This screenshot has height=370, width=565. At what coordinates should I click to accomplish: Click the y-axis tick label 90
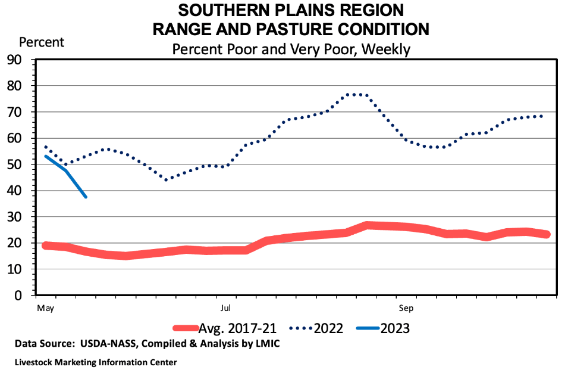pos(14,60)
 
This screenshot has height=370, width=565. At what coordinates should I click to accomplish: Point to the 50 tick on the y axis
pos(14,164)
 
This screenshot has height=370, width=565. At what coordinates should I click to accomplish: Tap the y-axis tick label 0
pos(18,296)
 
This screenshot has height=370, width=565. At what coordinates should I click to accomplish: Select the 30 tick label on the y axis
pos(14,217)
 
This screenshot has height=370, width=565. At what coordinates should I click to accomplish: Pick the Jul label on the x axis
pos(225,309)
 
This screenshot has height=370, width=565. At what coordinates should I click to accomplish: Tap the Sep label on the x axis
pos(407,309)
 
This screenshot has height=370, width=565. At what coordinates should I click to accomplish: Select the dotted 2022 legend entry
pos(316,328)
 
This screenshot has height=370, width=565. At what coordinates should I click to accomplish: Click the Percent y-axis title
pos(42,42)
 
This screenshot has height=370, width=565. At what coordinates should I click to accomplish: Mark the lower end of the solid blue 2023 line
pos(86,197)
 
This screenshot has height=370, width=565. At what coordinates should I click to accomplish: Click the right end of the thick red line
pos(546,235)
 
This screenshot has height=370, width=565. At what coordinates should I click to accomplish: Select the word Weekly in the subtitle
pos(386,49)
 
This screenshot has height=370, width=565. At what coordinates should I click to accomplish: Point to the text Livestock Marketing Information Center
pos(96,362)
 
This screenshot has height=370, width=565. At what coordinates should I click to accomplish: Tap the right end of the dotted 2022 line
pos(542,116)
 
